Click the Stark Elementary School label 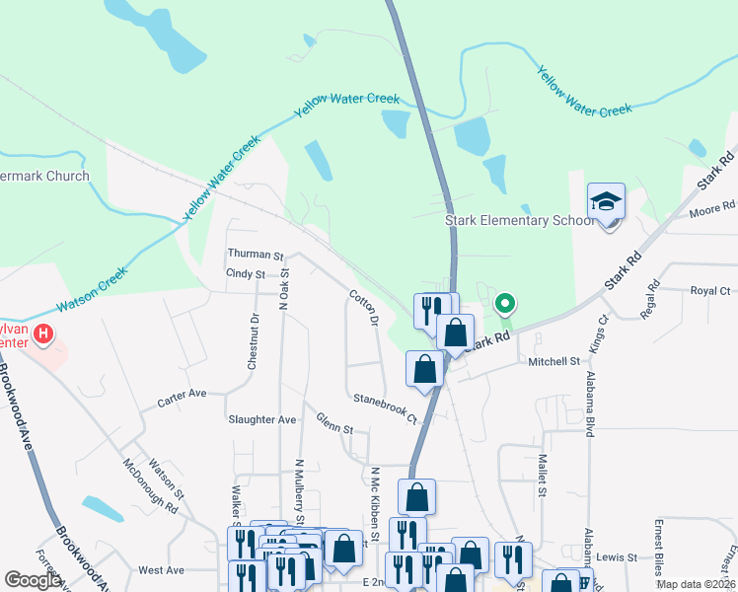coord(519,220)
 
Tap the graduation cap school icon coord(606,203)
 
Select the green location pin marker coord(505,304)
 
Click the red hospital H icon coord(43,334)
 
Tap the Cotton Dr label coord(363,307)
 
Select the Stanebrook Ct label coord(386,408)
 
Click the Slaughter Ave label coord(262,419)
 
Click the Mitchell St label coord(553,362)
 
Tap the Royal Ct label coord(710,291)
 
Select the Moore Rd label coord(712,208)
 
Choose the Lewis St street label coord(618,557)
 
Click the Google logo coord(33,580)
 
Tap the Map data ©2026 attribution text coord(695,584)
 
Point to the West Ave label coord(162,570)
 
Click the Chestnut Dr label coord(254,341)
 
